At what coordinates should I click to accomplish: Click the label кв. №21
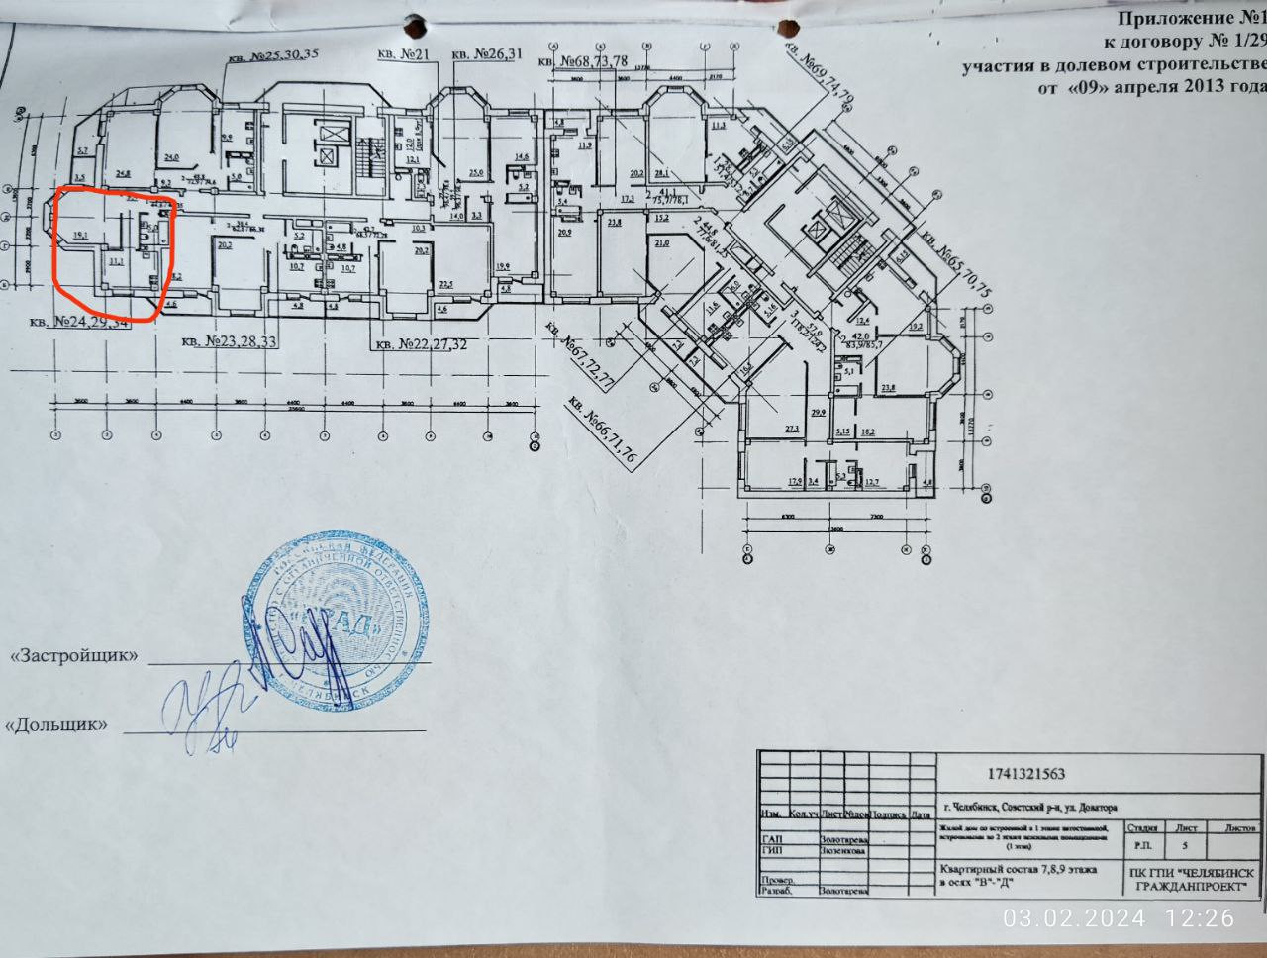403,55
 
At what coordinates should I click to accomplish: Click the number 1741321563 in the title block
1026,775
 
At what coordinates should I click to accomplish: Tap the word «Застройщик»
75,656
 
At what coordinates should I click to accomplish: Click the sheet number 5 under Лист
1186,847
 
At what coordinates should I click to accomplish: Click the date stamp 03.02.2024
1074,918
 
